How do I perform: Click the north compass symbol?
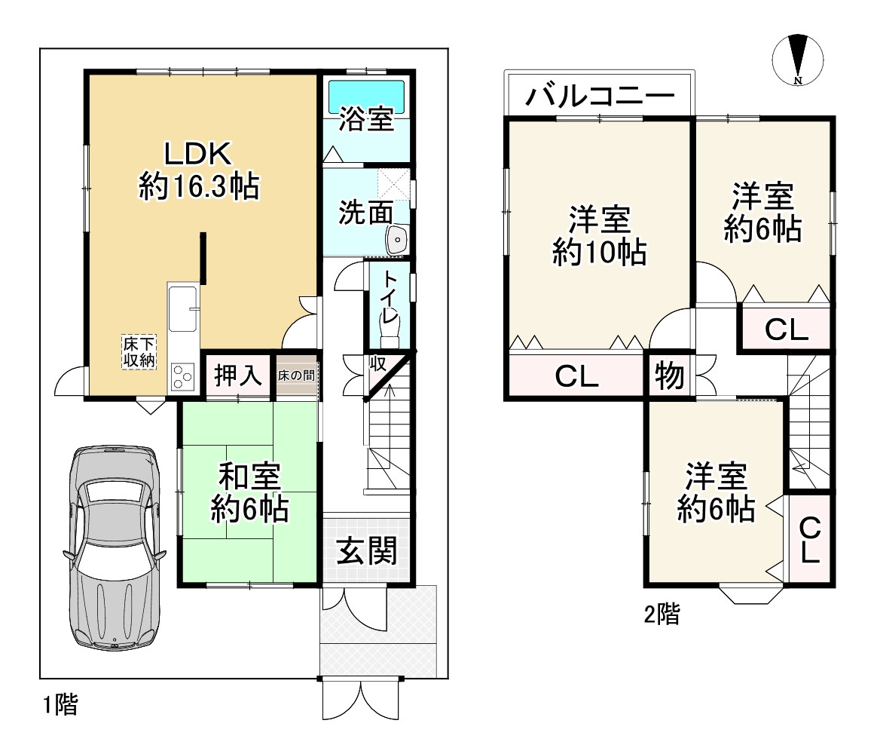tap(798, 60)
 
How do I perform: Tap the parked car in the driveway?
tap(115, 547)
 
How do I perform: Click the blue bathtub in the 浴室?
tap(366, 97)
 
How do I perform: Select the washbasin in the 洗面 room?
tap(397, 240)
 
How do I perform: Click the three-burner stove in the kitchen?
tap(183, 376)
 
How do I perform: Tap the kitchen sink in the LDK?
tap(183, 309)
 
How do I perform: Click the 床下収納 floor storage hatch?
tap(139, 352)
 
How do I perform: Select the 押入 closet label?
tap(238, 375)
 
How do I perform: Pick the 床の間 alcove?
tap(296, 375)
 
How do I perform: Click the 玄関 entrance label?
tap(367, 550)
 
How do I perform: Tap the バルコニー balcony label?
tap(600, 97)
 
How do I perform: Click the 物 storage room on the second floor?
tap(670, 375)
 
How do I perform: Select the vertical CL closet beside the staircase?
tap(809, 540)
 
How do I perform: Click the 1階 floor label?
tap(60, 704)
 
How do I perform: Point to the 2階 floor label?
tap(662, 614)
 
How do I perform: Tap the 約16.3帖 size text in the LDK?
tap(199, 186)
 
